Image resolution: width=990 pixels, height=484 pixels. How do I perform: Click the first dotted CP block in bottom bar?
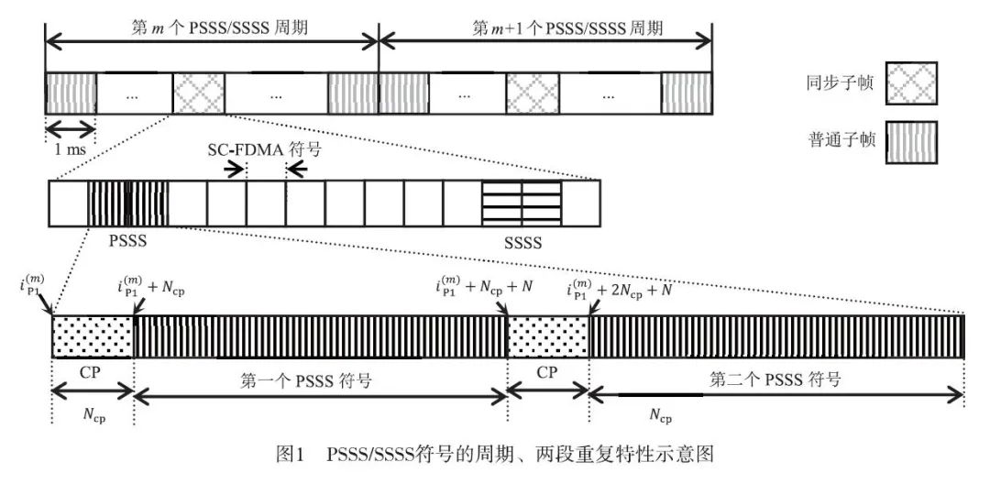tap(93, 336)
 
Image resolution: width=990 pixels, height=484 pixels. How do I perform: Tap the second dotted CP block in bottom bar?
tap(547, 336)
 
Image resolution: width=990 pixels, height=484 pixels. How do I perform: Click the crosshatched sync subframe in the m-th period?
tap(199, 93)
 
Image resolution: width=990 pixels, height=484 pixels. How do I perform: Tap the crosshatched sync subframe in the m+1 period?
tap(533, 93)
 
